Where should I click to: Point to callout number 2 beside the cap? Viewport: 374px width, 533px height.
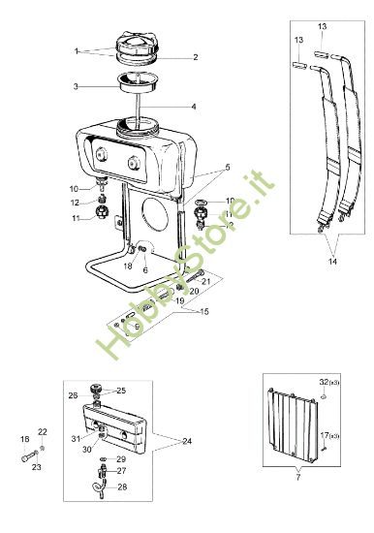[x=195, y=58]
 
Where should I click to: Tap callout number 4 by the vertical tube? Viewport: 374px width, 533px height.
[x=194, y=107]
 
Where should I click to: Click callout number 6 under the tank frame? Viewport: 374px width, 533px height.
[x=145, y=270]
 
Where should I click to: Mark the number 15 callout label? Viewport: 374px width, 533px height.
[x=204, y=311]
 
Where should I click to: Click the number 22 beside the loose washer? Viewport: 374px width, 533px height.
[x=42, y=432]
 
